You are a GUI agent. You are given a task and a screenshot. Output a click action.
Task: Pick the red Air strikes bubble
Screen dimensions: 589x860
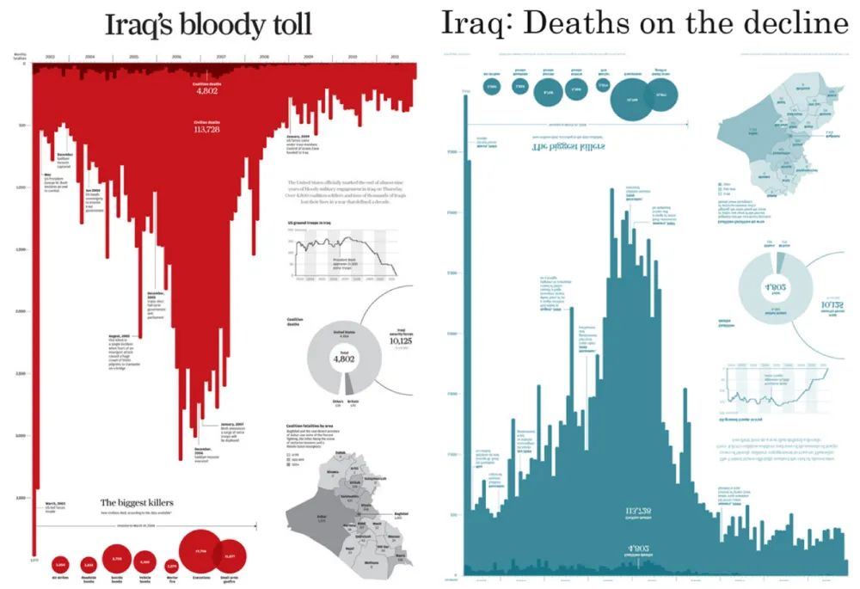pyautogui.click(x=60, y=564)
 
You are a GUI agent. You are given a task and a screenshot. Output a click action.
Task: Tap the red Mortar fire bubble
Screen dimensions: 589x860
pyautogui.click(x=172, y=566)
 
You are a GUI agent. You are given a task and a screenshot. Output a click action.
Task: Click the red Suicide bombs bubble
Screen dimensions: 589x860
pyautogui.click(x=118, y=560)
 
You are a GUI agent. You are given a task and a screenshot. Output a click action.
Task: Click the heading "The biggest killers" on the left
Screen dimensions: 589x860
pyautogui.click(x=138, y=502)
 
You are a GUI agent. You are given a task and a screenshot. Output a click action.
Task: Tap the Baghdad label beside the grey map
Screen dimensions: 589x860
pyautogui.click(x=400, y=513)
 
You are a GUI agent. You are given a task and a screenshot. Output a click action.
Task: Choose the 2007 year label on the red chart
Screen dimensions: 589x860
pyautogui.click(x=221, y=57)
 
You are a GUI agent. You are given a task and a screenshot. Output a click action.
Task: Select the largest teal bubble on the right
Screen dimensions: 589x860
pyautogui.click(x=636, y=101)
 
